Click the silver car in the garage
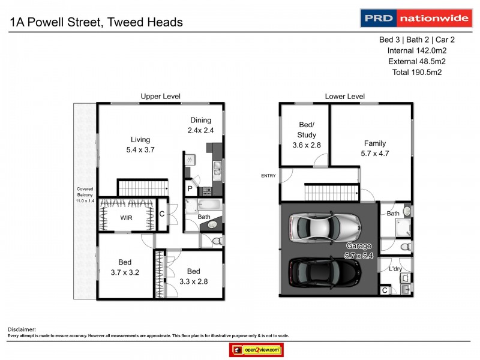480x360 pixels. (324, 226)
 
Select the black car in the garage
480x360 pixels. (324, 273)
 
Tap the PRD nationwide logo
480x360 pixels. (415, 18)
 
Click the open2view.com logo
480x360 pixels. (256, 350)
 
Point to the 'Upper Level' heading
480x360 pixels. (160, 96)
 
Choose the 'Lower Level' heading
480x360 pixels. (344, 96)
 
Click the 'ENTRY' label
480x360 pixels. (268, 175)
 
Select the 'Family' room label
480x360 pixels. (375, 143)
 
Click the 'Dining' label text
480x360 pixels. (201, 120)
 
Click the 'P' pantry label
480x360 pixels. (190, 188)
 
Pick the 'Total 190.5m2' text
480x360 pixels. (417, 72)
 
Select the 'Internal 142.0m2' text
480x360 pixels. (417, 50)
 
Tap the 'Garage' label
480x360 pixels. (359, 246)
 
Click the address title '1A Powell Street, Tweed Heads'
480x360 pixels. (96, 23)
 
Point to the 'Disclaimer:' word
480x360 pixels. (22, 329)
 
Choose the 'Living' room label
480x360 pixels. (140, 140)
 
